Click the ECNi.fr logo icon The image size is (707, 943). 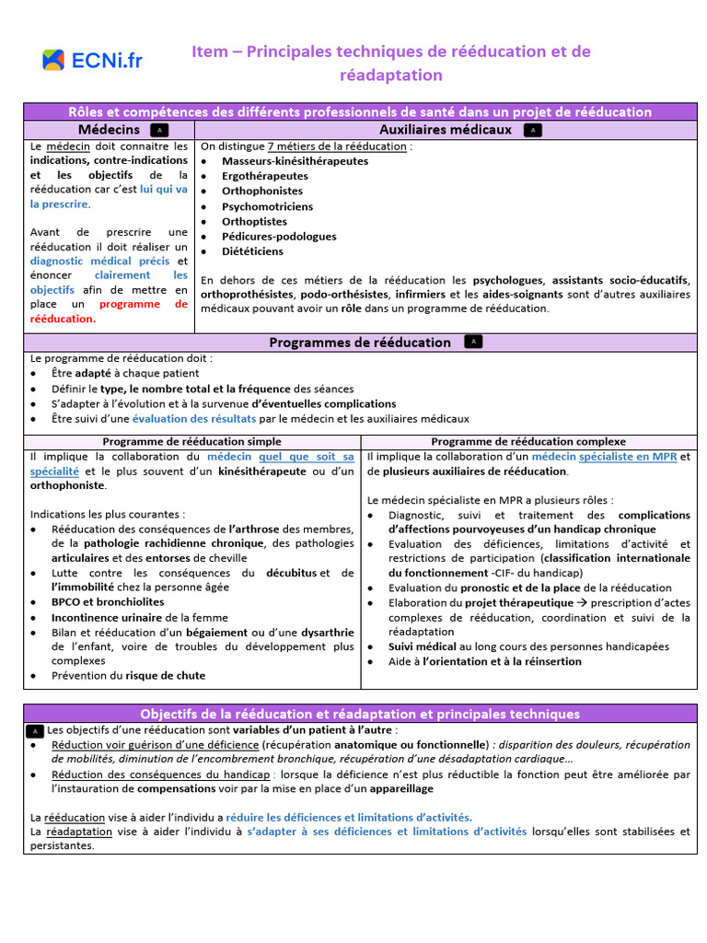(53, 61)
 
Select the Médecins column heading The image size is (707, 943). (109, 130)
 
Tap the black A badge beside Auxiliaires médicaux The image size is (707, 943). (532, 130)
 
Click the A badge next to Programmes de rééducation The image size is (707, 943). (473, 342)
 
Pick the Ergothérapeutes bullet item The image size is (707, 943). (264, 176)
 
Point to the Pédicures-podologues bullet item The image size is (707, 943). (278, 237)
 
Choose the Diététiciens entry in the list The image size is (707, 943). (252, 251)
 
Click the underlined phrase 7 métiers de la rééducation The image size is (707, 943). (336, 146)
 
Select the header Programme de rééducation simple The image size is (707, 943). (191, 442)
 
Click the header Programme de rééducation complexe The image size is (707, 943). (527, 442)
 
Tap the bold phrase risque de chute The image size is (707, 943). (166, 675)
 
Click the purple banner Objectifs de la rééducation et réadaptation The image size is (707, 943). (359, 714)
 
